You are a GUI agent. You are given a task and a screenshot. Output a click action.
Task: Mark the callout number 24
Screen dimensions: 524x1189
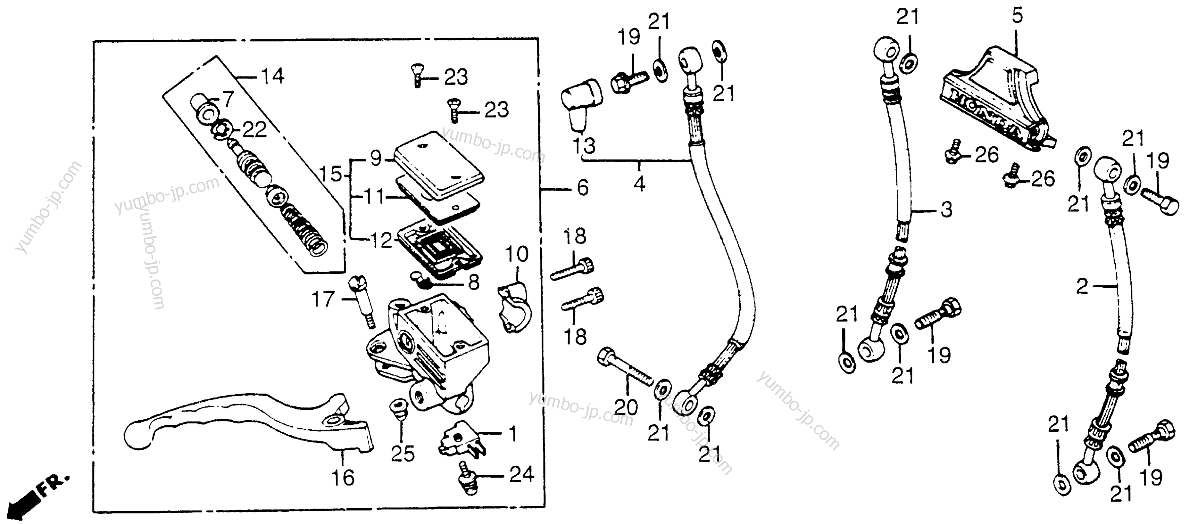tap(521, 474)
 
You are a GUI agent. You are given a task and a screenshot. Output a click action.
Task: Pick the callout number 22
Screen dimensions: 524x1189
tap(254, 131)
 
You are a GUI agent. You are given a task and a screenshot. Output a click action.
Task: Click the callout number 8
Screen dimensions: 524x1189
tap(474, 282)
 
